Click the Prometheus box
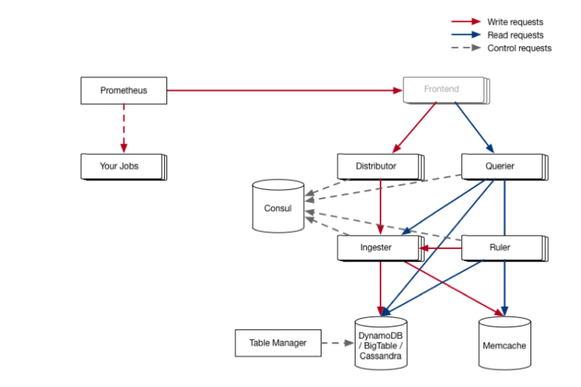point(124,91)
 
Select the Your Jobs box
point(124,167)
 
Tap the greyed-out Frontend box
point(446,90)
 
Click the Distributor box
point(381,167)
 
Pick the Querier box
point(505,167)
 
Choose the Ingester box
point(381,248)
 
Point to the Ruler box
point(505,248)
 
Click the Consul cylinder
point(278,206)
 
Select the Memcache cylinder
point(505,343)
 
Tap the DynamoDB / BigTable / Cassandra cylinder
point(381,343)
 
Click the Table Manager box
point(278,343)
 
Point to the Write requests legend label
point(515,22)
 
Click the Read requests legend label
point(515,36)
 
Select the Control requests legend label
point(520,48)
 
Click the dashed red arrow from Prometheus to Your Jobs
point(124,129)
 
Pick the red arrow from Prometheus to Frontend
point(284,90)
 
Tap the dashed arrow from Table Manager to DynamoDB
point(338,343)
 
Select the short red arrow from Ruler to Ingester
point(440,248)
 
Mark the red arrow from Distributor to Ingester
point(381,207)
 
